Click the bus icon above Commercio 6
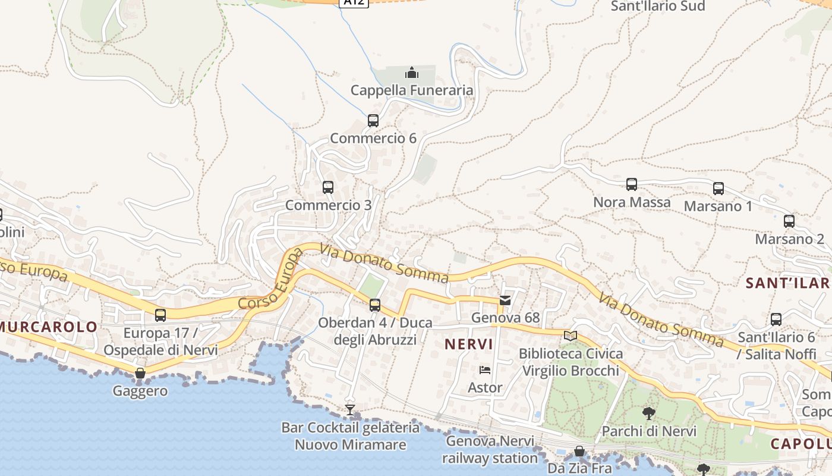pos(373,121)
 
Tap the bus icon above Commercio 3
pos(327,187)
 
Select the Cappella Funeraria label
pos(411,90)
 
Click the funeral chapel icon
pos(411,73)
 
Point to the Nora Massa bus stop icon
pos(631,184)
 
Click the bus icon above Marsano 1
pos(718,189)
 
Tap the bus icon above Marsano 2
pos(789,221)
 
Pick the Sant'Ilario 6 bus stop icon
pos(776,320)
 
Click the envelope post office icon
pos(505,300)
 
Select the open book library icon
pos(571,336)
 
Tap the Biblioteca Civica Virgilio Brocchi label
pos(571,362)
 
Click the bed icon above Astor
pos(485,370)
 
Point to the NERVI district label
pos(469,344)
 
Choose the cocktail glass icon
pos(350,410)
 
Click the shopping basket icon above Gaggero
pos(140,374)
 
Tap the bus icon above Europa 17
pos(160,315)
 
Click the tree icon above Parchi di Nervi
pos(649,413)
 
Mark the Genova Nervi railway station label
pos(490,450)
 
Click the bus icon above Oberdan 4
pos(374,305)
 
